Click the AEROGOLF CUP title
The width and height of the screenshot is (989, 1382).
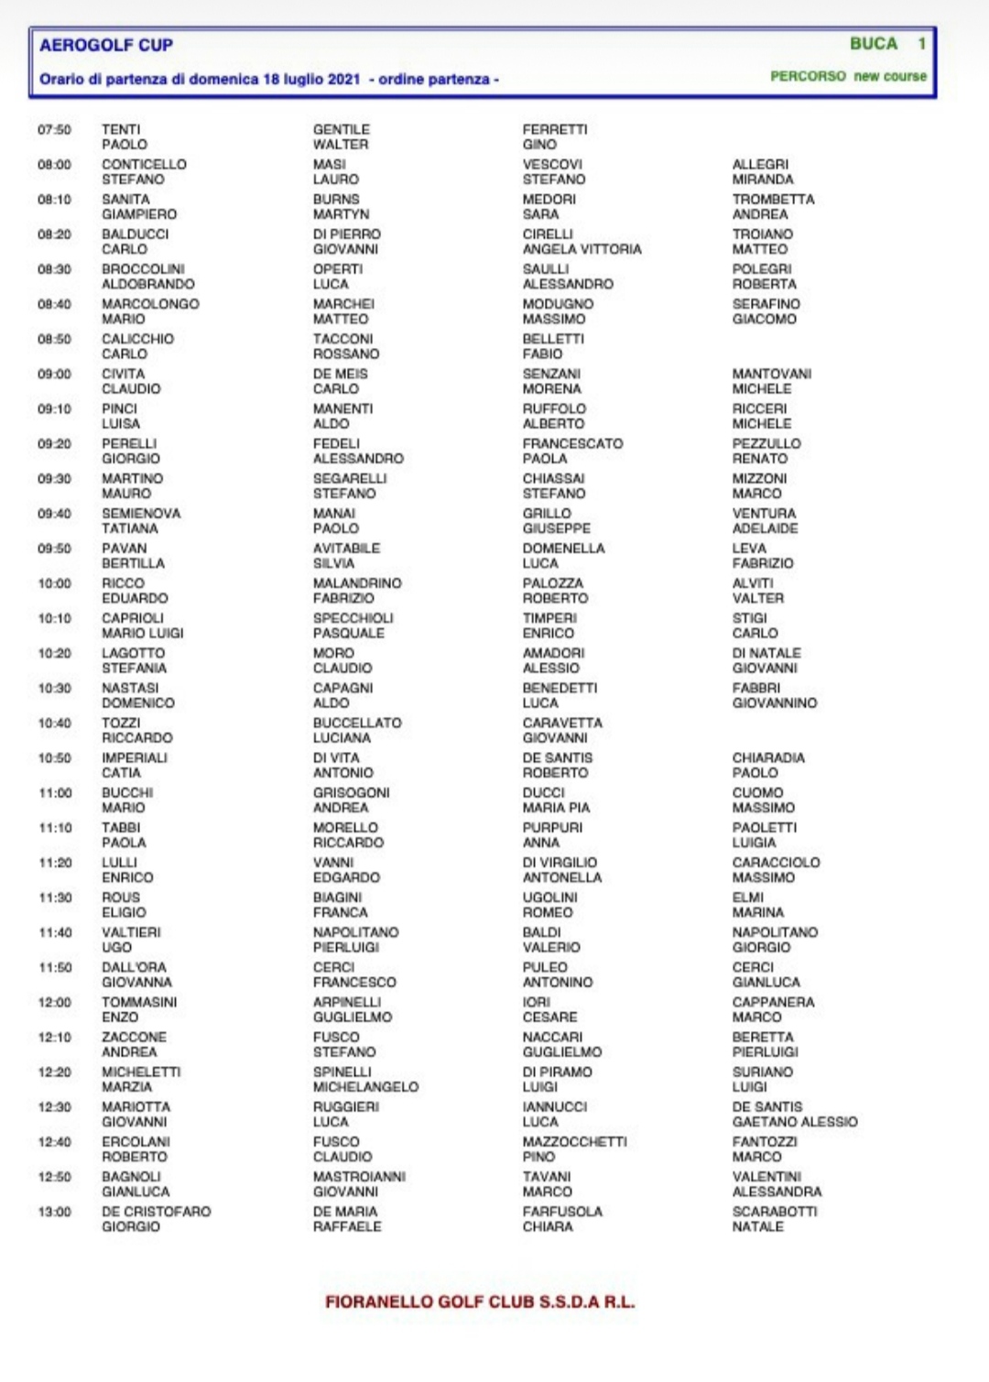click(x=105, y=45)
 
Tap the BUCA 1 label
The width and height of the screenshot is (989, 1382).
click(x=886, y=44)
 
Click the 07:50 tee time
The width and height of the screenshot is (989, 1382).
click(x=54, y=130)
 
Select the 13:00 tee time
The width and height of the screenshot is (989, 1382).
click(x=54, y=1212)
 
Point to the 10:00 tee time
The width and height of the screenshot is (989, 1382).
click(x=54, y=583)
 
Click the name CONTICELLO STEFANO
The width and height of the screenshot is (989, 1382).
click(x=144, y=172)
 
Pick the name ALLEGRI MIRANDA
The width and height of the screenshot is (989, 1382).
click(x=762, y=172)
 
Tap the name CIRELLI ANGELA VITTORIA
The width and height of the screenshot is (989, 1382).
click(x=581, y=242)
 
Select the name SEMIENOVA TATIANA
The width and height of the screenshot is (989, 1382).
click(x=140, y=521)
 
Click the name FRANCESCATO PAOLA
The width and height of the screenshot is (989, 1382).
click(x=571, y=451)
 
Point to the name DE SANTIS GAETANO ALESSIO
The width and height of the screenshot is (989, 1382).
click(x=794, y=1115)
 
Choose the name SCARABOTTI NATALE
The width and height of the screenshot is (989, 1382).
click(x=774, y=1219)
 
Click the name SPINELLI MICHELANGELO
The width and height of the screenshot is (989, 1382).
click(x=364, y=1080)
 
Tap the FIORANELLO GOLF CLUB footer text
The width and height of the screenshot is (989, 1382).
click(x=479, y=1301)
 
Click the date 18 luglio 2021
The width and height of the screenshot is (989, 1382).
click(x=311, y=80)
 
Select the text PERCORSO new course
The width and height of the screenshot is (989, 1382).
click(x=847, y=76)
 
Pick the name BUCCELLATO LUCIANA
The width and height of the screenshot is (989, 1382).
click(x=356, y=730)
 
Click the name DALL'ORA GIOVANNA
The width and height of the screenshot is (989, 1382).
click(x=136, y=974)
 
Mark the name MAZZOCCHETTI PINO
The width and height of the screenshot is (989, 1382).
click(x=573, y=1149)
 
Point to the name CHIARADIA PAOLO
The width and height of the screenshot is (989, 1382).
click(x=767, y=765)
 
